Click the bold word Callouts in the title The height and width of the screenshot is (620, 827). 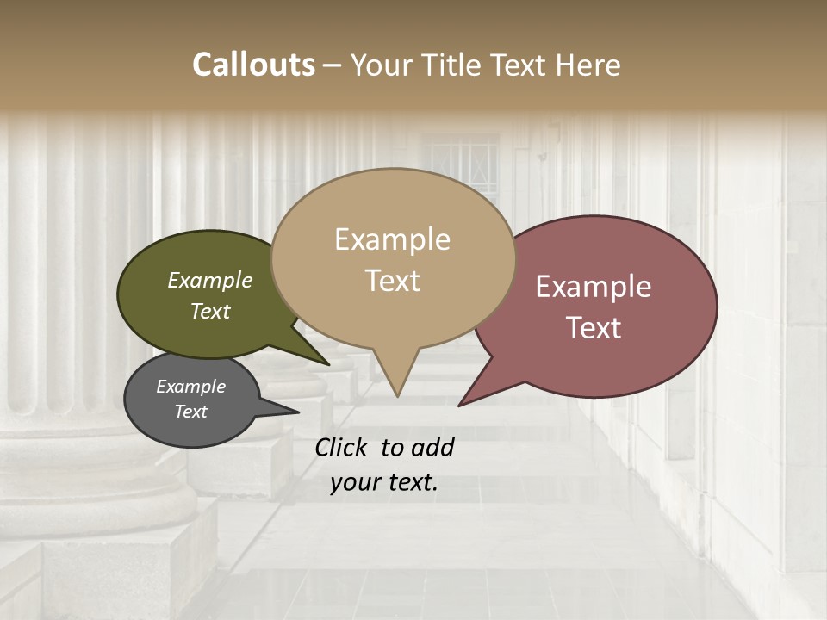pos(253,65)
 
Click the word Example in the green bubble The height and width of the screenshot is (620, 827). pos(210,280)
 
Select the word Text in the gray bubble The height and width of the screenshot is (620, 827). pos(191,412)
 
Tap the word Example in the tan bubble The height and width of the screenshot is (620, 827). pos(392,239)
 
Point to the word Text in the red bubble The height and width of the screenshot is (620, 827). pos(594,328)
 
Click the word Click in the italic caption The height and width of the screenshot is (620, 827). pos(342,447)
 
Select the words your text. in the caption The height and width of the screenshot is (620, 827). pos(384,483)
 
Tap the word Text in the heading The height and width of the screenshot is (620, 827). pos(522,65)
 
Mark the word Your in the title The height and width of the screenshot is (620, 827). pos(383,65)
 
